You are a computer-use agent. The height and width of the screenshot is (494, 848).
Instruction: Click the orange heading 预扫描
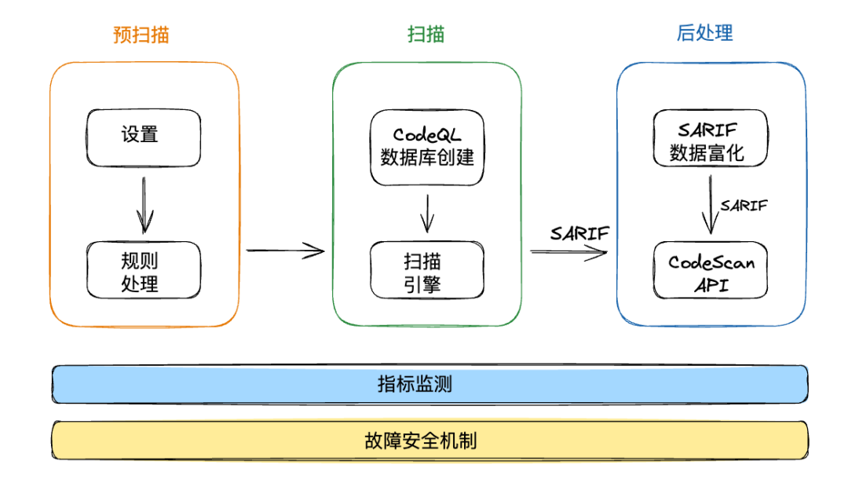141,35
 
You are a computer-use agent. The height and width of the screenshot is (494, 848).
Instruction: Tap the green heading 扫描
426,35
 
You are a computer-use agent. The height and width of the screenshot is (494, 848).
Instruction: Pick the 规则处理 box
143,269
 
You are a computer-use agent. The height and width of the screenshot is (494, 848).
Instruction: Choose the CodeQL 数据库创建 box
427,148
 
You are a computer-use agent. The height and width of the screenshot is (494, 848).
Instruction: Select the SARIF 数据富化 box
710,139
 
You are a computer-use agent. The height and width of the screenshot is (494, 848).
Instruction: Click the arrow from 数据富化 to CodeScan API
710,204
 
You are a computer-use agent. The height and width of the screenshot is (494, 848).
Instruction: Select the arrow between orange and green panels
284,251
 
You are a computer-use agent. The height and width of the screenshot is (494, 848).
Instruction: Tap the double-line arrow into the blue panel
569,252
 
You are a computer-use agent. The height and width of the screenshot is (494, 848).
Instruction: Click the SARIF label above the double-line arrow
579,233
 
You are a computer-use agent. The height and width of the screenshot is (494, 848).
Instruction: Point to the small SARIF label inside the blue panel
744,206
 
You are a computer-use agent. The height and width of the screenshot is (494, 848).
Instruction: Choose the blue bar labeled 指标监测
429,384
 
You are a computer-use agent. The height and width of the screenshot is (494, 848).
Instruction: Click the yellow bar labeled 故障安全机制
429,440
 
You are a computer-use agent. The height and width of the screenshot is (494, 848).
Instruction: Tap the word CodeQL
427,134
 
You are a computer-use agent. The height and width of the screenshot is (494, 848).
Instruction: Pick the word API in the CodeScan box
711,284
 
